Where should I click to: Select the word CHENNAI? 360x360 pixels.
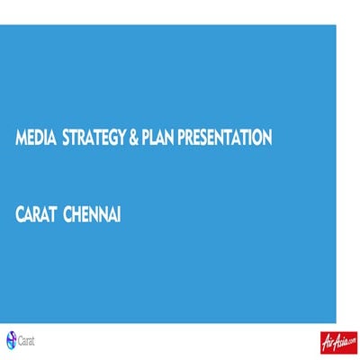[x=95, y=193]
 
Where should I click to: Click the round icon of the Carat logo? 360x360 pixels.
[x=12, y=339]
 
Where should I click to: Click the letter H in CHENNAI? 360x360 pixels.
[x=79, y=193]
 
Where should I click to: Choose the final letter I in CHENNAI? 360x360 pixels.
[x=121, y=193]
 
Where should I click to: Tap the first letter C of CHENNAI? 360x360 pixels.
[x=68, y=193]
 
